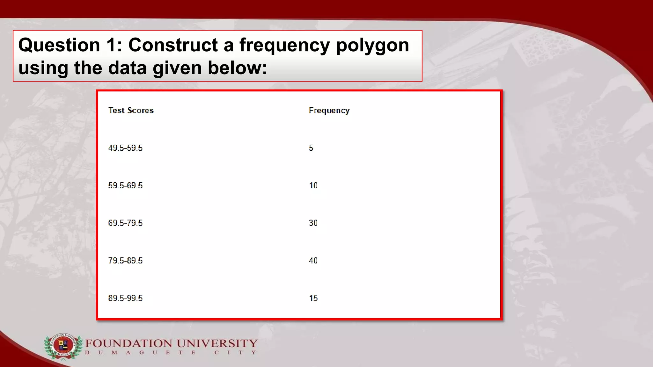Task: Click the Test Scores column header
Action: click(131, 110)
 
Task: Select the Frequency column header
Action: click(329, 111)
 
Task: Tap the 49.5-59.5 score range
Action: click(125, 148)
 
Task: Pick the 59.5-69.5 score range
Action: click(125, 185)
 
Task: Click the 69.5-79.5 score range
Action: click(125, 223)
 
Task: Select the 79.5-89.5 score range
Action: click(125, 261)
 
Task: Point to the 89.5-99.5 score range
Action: click(125, 298)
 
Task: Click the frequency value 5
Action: click(311, 148)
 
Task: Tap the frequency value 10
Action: click(313, 185)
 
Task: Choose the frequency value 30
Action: click(313, 223)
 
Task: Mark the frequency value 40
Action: click(313, 261)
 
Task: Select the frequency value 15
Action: click(313, 298)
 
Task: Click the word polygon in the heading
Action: click(372, 46)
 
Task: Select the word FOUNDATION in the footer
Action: click(129, 343)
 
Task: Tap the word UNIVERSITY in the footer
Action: click(217, 343)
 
